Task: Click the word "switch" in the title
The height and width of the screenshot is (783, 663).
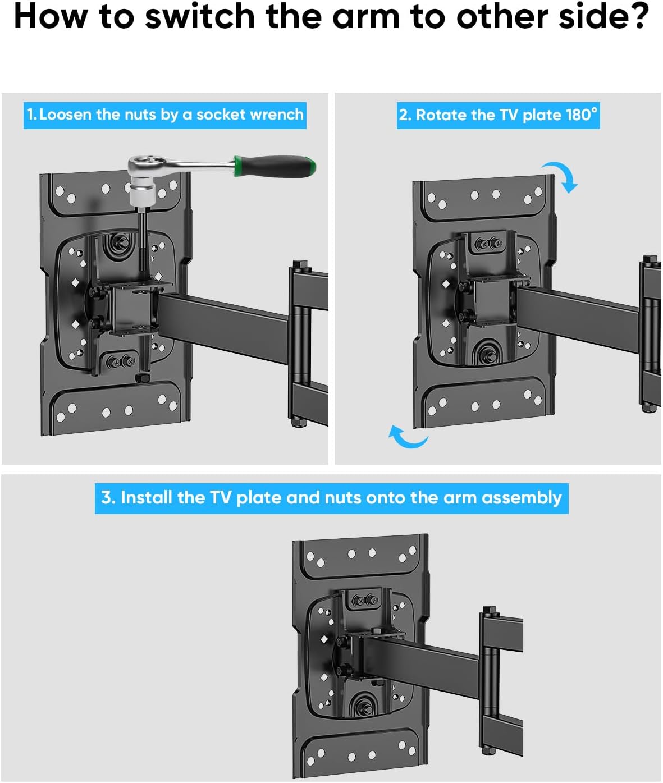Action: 202,17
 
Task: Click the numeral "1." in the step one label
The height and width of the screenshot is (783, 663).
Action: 31,115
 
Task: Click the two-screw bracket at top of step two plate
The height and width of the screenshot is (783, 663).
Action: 487,244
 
